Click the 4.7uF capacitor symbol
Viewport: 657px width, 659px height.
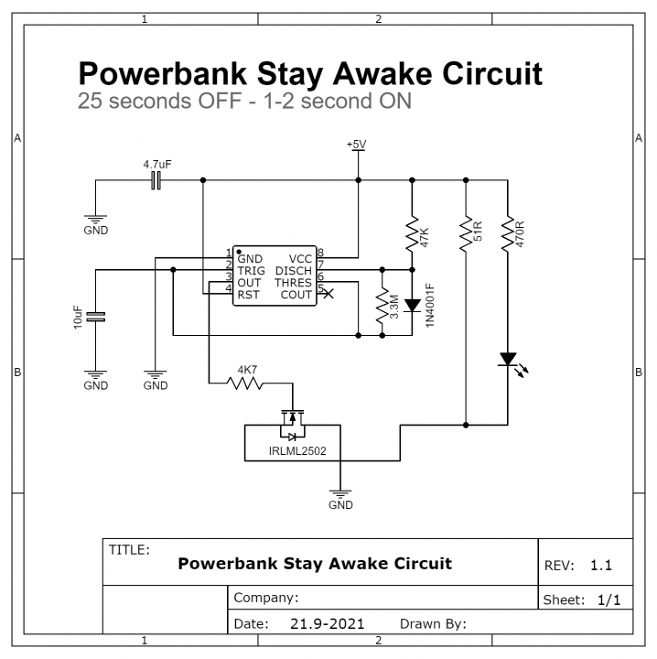pos(156,181)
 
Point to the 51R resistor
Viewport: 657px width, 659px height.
pos(466,233)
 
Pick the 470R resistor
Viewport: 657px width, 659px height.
pos(506,233)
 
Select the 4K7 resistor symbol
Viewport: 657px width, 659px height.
pos(245,384)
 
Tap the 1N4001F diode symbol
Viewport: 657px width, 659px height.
pos(412,305)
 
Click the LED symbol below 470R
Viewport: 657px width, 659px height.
pos(507,361)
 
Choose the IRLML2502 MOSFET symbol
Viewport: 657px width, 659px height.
pos(292,423)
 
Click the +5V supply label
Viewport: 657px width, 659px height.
pos(357,145)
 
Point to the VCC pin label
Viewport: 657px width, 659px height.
pos(300,259)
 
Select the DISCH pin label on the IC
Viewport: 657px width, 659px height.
pos(294,271)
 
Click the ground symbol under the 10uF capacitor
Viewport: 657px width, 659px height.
pos(96,375)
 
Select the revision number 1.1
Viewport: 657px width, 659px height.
pos(601,566)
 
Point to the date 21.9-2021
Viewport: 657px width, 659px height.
pos(328,624)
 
